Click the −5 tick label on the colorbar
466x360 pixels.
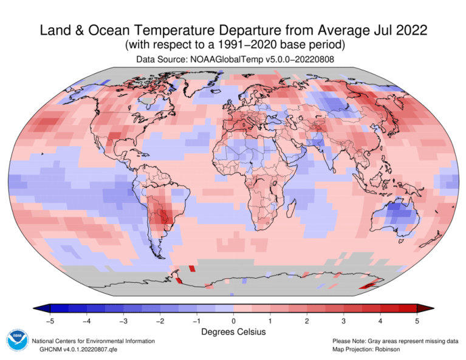pyautogui.click(x=50, y=320)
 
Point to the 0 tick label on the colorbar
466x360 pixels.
pyautogui.click(x=233, y=320)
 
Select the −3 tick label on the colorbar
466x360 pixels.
pyautogui.click(x=123, y=320)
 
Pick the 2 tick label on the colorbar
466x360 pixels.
pyautogui.click(x=307, y=320)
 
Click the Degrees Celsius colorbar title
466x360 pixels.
pyautogui.click(x=233, y=332)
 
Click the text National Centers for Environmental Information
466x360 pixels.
pyautogui.click(x=93, y=341)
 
